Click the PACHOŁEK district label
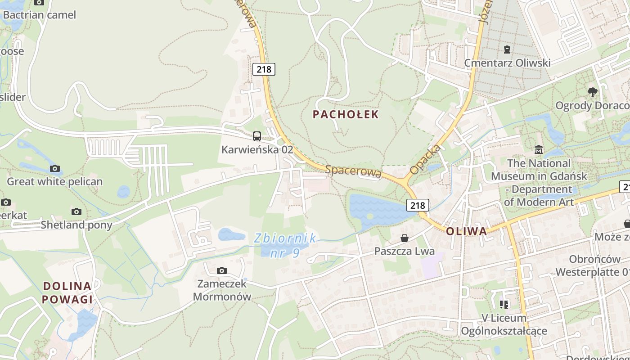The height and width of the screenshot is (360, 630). tap(346, 114)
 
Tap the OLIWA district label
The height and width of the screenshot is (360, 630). tap(467, 231)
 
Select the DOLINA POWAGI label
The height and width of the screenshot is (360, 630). tap(67, 292)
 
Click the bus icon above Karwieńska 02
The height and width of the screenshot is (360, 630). tap(257, 136)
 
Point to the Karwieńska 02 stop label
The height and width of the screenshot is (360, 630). tap(257, 149)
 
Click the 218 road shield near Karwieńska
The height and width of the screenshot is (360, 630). tap(264, 69)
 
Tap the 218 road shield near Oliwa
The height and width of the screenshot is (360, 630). tap(418, 205)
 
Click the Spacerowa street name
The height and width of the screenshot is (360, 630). tap(353, 171)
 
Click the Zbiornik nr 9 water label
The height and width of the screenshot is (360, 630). tap(285, 245)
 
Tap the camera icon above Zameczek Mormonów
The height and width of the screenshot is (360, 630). tap(221, 270)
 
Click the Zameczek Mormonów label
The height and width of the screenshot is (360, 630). tap(222, 290)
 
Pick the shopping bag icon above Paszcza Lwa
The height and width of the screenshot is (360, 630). tap(405, 238)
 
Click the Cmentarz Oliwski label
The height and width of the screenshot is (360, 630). tap(507, 63)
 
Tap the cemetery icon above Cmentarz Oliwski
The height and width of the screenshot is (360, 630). tap(507, 49)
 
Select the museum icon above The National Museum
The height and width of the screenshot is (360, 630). tap(538, 149)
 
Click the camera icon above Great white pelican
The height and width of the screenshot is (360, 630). tap(54, 168)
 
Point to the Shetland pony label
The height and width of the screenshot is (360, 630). tap(76, 225)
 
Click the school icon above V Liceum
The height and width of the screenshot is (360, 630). tap(504, 305)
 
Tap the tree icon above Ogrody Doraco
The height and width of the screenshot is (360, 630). tap(593, 92)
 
